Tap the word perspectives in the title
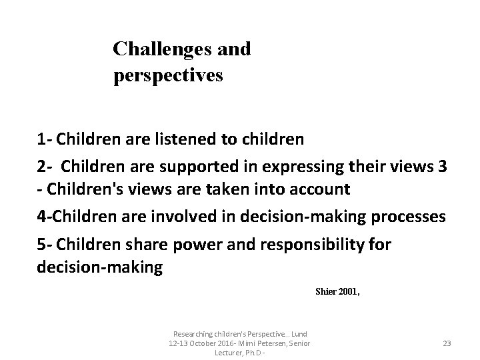pyautogui.click(x=168, y=75)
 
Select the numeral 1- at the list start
pyautogui.click(x=45, y=140)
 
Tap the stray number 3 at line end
pyautogui.click(x=443, y=165)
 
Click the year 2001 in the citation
pyautogui.click(x=349, y=291)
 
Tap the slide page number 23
pyautogui.click(x=447, y=343)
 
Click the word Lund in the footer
pyautogui.click(x=299, y=333)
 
